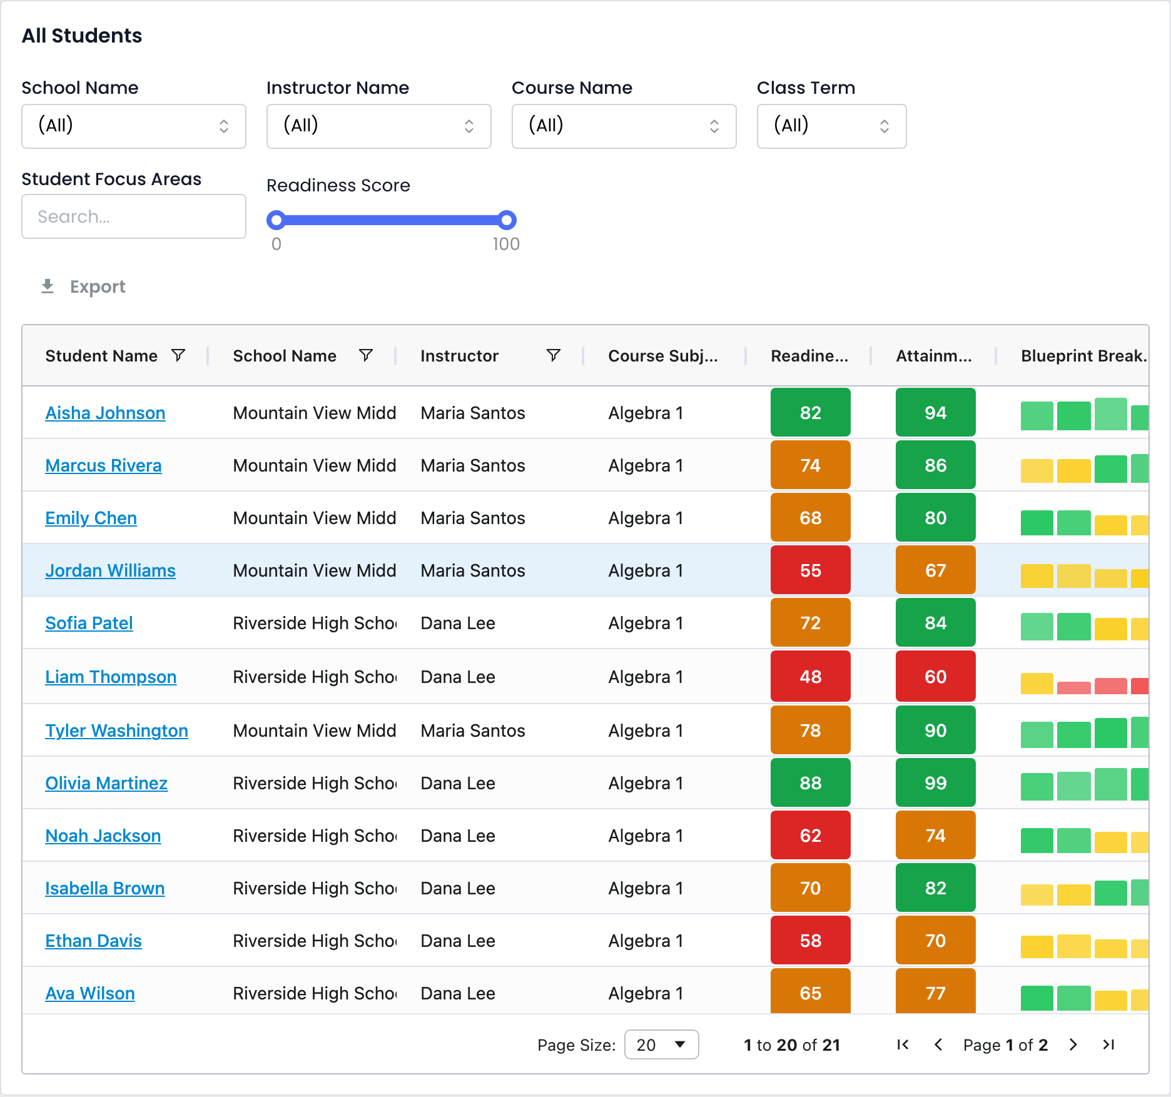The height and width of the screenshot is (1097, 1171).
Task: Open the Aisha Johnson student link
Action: [105, 413]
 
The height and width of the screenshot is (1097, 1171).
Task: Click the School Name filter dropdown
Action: [134, 126]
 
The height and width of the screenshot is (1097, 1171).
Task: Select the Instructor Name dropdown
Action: [379, 126]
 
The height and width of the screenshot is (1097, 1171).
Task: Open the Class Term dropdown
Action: [831, 126]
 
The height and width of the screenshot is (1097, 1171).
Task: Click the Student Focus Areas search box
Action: [134, 216]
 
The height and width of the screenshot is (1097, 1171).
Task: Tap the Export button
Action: [83, 286]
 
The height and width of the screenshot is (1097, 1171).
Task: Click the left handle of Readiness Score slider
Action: [276, 220]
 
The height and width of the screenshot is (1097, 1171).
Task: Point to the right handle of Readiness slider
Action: [507, 220]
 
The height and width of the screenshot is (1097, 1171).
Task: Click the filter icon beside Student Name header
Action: [178, 355]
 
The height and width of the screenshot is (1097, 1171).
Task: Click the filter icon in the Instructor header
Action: [553, 355]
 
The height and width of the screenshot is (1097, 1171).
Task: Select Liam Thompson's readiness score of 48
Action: [811, 677]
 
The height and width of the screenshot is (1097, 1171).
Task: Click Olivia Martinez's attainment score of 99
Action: [936, 783]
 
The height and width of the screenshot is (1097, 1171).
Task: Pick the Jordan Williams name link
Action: [110, 570]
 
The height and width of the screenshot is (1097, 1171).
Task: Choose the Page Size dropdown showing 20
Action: [662, 1044]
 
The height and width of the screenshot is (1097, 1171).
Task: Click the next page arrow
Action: [1073, 1044]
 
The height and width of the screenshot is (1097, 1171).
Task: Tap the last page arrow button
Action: [1108, 1044]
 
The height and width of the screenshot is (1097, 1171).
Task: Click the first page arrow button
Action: [903, 1044]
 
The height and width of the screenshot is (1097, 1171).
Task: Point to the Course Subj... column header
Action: [663, 356]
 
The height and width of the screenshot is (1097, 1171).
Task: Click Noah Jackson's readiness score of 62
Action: [811, 836]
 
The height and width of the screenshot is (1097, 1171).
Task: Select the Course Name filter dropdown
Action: [624, 126]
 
